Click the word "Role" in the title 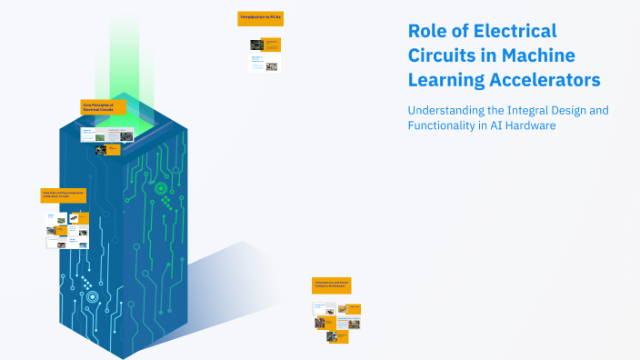(427, 32)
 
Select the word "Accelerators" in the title (547, 80)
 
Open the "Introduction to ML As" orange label (259, 17)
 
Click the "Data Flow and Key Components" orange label (65, 195)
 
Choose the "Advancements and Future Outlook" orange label (331, 285)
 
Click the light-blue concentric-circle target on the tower (92, 296)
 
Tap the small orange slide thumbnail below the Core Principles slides (114, 148)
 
